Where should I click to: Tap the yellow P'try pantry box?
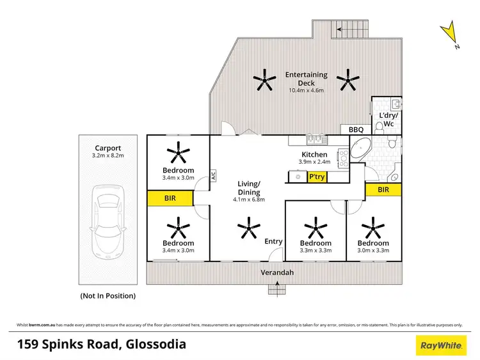pos(316,177)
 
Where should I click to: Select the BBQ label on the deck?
pos(356,130)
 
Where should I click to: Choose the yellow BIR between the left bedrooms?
pos(170,199)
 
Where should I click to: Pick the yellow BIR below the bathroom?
pos(383,190)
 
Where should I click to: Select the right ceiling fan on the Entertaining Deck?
pos(349,81)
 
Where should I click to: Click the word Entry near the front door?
pos(273,241)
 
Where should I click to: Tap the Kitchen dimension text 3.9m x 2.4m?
pos(314,162)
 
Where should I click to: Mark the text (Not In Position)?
pos(108,295)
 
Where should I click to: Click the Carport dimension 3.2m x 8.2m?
pos(108,155)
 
